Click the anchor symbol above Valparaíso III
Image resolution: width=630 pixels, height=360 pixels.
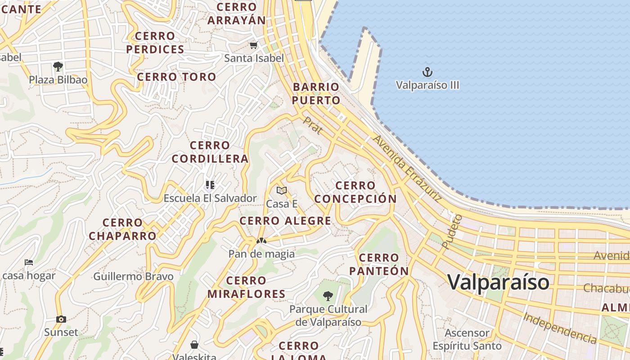(427, 72)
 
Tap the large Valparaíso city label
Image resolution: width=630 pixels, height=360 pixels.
(498, 282)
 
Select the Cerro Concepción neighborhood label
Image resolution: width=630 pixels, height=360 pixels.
(355, 192)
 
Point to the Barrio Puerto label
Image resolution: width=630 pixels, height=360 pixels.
(316, 94)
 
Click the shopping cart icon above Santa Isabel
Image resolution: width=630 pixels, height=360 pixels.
(253, 45)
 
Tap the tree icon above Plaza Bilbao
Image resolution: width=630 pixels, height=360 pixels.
(58, 67)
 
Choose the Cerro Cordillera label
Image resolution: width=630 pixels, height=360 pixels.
(210, 152)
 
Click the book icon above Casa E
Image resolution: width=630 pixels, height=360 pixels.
(282, 190)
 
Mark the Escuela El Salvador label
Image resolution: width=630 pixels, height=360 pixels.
(210, 198)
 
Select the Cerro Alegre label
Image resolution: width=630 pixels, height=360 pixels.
(285, 221)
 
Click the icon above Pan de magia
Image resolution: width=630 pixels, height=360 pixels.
(261, 241)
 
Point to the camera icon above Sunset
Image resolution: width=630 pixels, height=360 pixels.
(61, 319)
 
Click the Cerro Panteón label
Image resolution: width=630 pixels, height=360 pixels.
(379, 264)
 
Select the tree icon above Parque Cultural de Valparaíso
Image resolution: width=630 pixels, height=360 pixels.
(328, 296)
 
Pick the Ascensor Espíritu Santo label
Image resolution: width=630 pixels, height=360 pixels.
(467, 339)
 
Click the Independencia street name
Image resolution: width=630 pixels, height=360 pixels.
(560, 328)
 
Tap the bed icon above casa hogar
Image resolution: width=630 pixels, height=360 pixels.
(29, 262)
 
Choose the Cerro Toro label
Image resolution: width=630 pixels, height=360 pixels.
(176, 77)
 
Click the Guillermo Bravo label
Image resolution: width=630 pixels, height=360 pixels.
(133, 276)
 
